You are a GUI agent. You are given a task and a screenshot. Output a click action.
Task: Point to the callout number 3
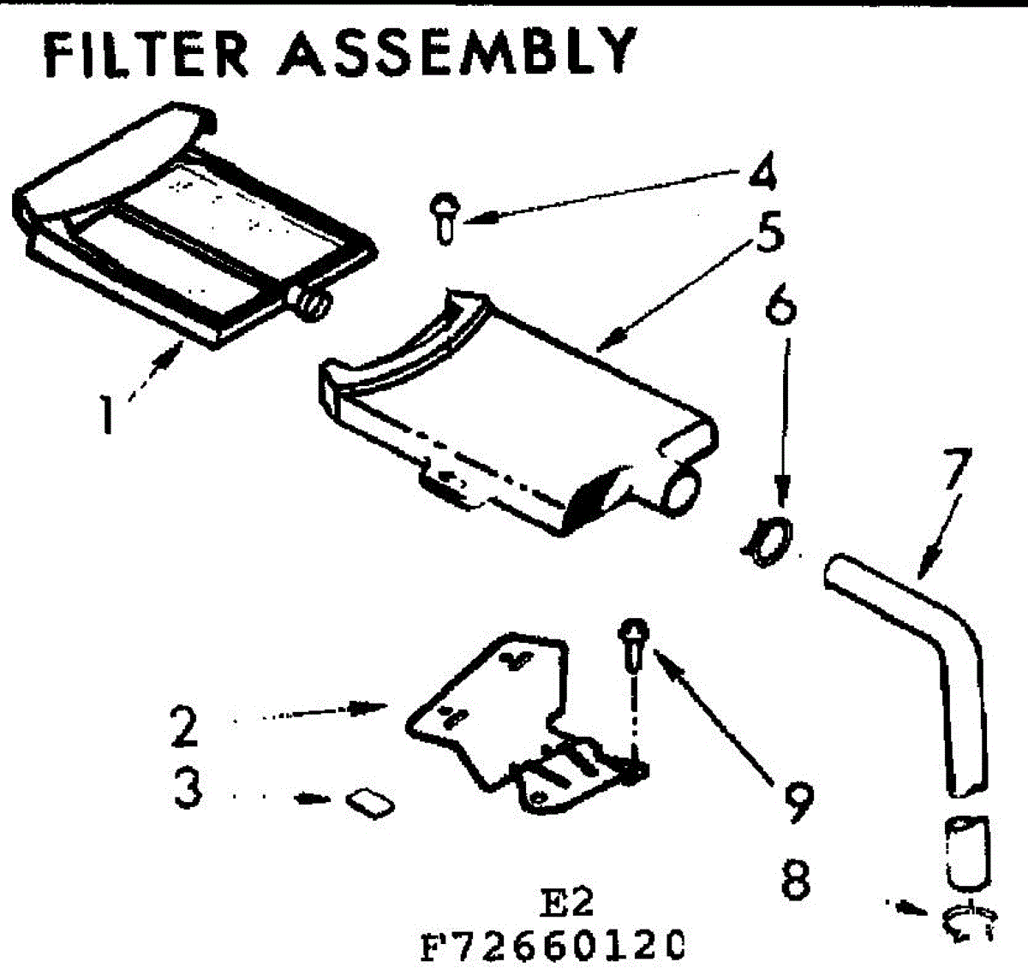[188, 788]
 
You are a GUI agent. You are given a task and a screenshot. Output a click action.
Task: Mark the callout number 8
[796, 877]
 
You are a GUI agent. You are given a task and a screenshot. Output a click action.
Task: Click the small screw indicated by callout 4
[444, 218]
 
